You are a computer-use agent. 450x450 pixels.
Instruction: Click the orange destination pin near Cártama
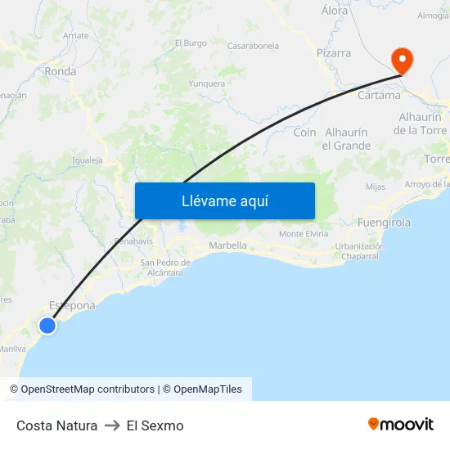(x=402, y=60)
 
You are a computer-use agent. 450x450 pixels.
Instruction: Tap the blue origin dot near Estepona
(x=47, y=326)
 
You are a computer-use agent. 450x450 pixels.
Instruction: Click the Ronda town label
(x=61, y=71)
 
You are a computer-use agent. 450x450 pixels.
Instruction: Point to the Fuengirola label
(x=385, y=223)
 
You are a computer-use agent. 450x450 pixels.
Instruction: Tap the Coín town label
(x=304, y=133)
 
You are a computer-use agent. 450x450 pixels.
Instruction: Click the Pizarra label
(x=333, y=53)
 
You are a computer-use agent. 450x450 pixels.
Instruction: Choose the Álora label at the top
(x=335, y=11)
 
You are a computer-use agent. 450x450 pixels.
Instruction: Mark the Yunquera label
(x=206, y=83)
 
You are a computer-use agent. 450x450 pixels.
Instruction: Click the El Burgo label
(x=191, y=43)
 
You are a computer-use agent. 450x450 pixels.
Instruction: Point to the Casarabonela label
(x=253, y=46)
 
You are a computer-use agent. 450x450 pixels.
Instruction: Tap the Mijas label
(x=376, y=187)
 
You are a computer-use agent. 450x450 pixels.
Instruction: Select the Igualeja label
(x=88, y=160)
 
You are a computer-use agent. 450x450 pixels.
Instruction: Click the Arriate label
(x=75, y=36)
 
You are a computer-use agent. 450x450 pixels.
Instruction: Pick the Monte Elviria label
(x=304, y=234)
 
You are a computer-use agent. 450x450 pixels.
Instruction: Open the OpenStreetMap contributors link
(x=88, y=389)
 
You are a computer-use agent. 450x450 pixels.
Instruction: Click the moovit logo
(x=401, y=425)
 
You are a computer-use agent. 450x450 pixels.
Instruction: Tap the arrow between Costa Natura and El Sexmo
(x=112, y=425)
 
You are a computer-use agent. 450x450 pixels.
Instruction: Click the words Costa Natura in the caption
(x=56, y=425)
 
